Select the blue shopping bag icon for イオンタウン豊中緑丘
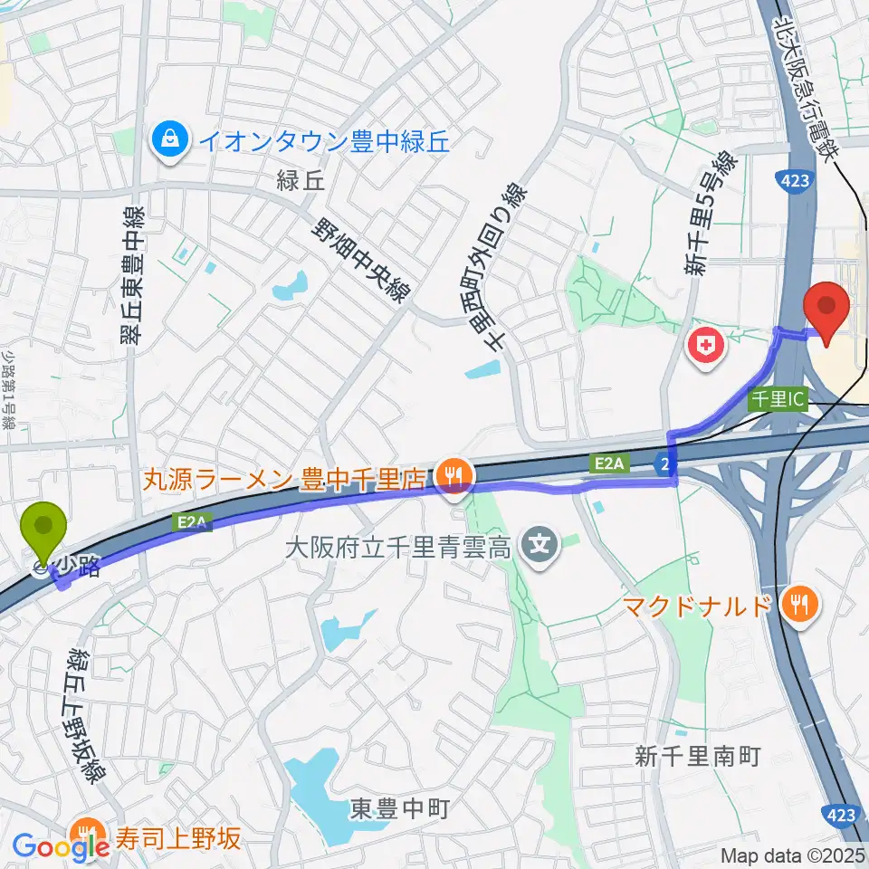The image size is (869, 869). (x=169, y=139)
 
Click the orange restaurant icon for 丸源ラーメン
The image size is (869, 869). (x=451, y=473)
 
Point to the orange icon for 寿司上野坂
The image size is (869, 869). (x=88, y=833)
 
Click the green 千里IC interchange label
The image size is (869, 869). (x=778, y=399)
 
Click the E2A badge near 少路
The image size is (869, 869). (x=191, y=521)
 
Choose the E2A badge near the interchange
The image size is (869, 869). (x=610, y=463)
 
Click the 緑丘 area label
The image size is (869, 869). (x=302, y=181)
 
